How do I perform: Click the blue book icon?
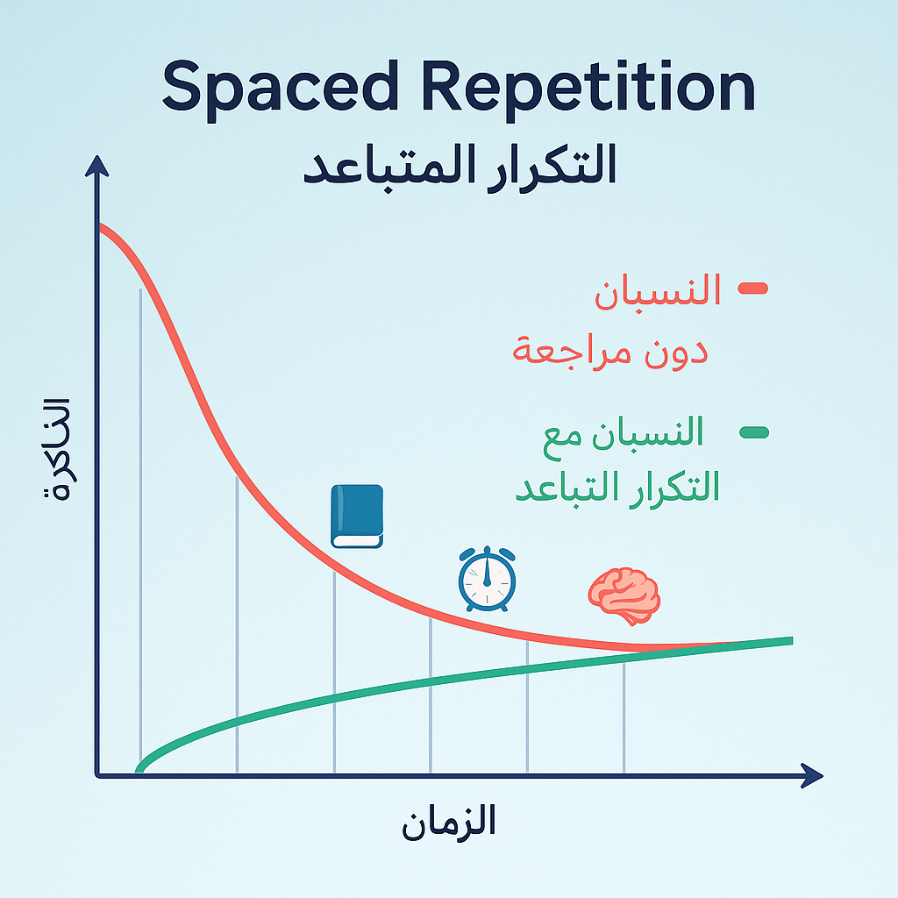pos(357,517)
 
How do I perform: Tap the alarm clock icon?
pos(487,580)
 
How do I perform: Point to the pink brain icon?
pos(624,595)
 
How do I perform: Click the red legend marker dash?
pos(753,288)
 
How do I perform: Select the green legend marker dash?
pos(753,431)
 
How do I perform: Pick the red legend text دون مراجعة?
pos(610,352)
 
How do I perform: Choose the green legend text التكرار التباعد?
pos(616,488)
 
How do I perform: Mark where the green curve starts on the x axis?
pos(139,770)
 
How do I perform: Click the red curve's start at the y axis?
pos(102,227)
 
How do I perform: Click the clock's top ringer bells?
pos(486,552)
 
